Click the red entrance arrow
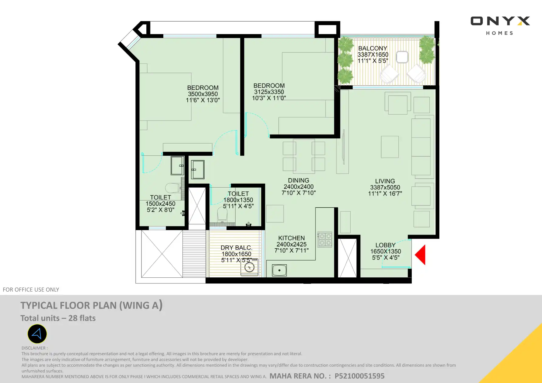(x=421, y=255)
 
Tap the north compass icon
(x=37, y=334)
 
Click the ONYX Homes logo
(x=500, y=26)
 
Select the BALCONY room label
(x=373, y=49)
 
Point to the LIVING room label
(x=385, y=181)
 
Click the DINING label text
(x=298, y=181)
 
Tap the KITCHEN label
(x=291, y=238)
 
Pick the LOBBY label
(x=385, y=245)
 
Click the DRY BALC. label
(x=236, y=248)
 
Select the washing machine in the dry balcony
(x=249, y=267)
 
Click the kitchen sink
(x=279, y=270)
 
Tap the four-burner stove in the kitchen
(x=325, y=239)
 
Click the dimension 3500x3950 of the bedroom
(x=203, y=94)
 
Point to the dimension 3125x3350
(x=269, y=92)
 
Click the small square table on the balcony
(x=402, y=57)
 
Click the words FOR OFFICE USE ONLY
(x=31, y=290)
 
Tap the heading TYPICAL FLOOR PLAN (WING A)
(x=91, y=305)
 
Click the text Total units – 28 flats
(x=58, y=318)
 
